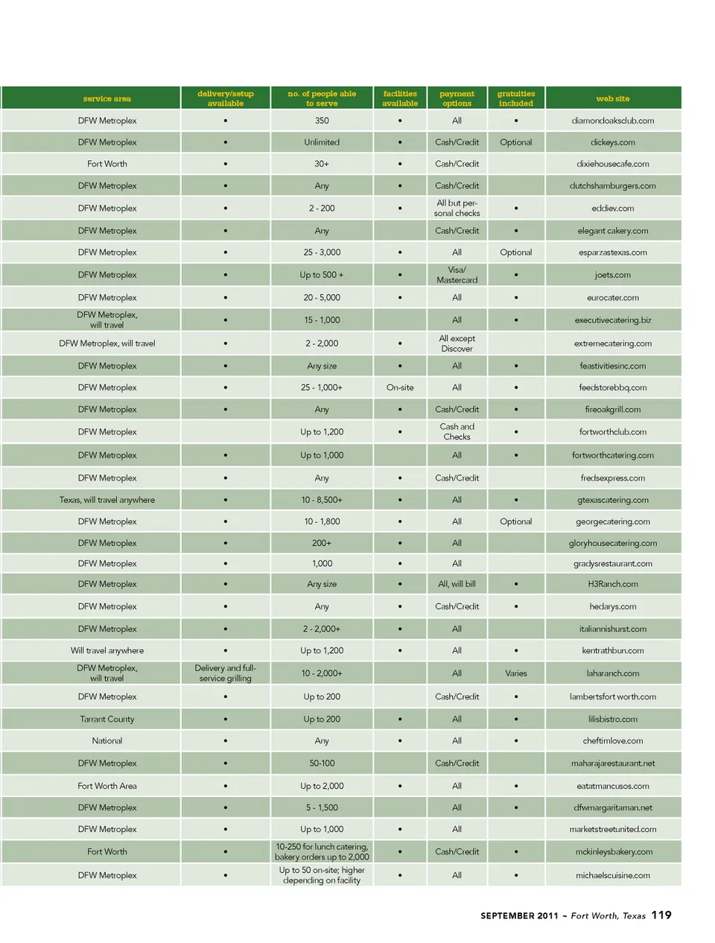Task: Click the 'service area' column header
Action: [x=107, y=98]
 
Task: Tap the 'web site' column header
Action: [x=612, y=98]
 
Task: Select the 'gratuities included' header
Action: [x=516, y=98]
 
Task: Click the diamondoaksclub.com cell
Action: [x=612, y=121]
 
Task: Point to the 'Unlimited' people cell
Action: [x=322, y=142]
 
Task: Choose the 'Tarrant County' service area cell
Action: [x=107, y=720]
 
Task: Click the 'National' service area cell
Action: [x=107, y=741]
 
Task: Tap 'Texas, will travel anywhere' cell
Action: [x=107, y=500]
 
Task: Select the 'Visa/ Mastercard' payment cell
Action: [x=457, y=275]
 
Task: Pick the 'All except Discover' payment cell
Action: [x=457, y=343]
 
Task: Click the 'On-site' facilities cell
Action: [x=400, y=387]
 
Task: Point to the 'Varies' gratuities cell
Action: [x=516, y=673]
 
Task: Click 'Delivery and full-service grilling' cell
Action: [x=226, y=673]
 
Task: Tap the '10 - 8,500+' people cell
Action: [x=322, y=500]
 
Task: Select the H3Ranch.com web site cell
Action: [x=612, y=584]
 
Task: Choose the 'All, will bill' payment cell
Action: [x=457, y=584]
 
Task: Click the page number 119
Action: [x=661, y=915]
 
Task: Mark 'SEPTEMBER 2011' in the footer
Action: [x=519, y=916]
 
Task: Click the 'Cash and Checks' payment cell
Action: [x=457, y=432]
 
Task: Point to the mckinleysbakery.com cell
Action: [x=612, y=852]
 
